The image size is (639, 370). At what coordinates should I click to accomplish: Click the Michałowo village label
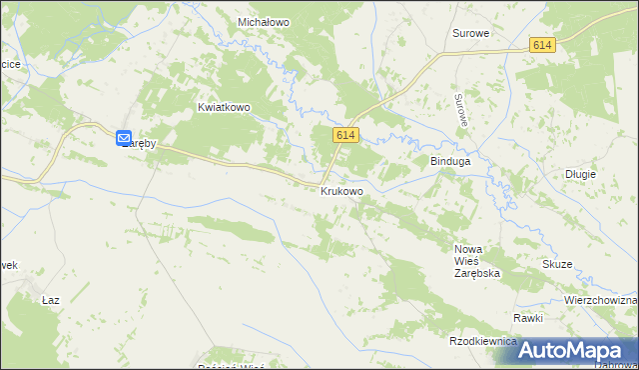tap(263, 21)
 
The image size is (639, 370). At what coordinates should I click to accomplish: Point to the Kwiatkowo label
tap(223, 107)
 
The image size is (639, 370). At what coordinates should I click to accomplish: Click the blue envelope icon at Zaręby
tap(124, 139)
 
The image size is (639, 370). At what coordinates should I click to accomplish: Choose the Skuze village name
tap(557, 264)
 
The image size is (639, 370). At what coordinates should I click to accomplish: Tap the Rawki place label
tap(528, 318)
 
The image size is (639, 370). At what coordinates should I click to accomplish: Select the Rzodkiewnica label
tap(483, 341)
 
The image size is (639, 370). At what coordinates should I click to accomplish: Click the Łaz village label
tap(52, 300)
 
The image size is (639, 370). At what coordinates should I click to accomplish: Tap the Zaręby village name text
tap(142, 144)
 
